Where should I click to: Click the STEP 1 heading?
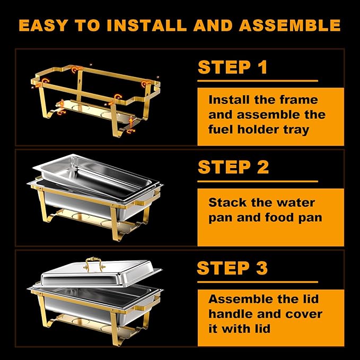232,67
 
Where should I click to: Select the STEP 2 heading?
233,167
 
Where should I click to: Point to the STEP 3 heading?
232,268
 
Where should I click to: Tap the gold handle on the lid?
93,263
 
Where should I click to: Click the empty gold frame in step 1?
95,90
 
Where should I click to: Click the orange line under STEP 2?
258,181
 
